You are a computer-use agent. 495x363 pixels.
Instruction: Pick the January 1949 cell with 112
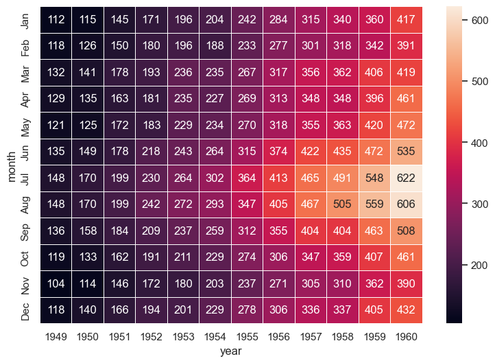pos(56,21)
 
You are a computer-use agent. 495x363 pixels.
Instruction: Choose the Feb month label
pos(25,47)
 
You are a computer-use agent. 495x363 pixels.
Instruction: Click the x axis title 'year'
pos(230,351)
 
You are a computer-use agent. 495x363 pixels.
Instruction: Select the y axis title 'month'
pos(11,166)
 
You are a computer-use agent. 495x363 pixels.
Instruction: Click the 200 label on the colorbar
pos(479,265)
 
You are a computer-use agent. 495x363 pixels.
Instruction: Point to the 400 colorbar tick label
pos(479,143)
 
